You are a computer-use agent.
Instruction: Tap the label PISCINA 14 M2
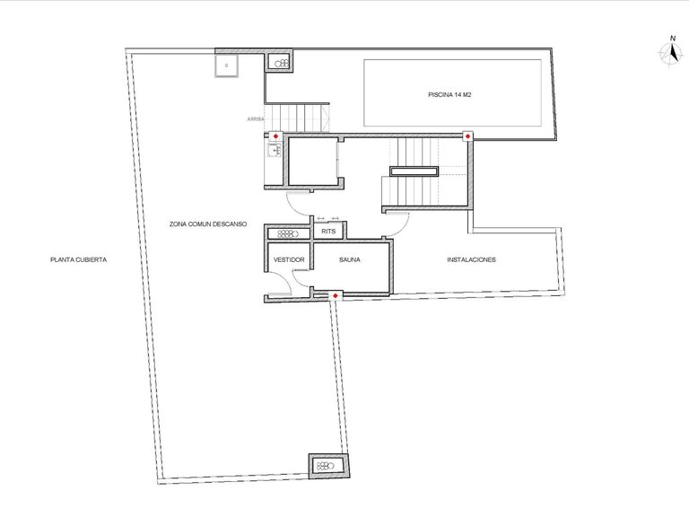(x=450, y=94)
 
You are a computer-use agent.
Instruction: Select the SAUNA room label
(x=349, y=260)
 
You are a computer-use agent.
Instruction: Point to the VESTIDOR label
(x=289, y=260)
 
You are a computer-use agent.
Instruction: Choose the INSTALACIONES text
(x=471, y=260)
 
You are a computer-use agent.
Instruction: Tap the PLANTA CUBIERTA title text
(x=79, y=260)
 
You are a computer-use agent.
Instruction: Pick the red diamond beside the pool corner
(x=467, y=136)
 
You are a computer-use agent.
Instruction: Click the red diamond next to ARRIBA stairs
(x=275, y=136)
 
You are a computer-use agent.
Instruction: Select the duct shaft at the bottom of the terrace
(x=327, y=465)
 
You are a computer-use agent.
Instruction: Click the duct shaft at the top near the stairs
(x=281, y=63)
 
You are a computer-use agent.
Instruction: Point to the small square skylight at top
(x=226, y=66)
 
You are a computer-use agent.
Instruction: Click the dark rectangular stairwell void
(x=413, y=171)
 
